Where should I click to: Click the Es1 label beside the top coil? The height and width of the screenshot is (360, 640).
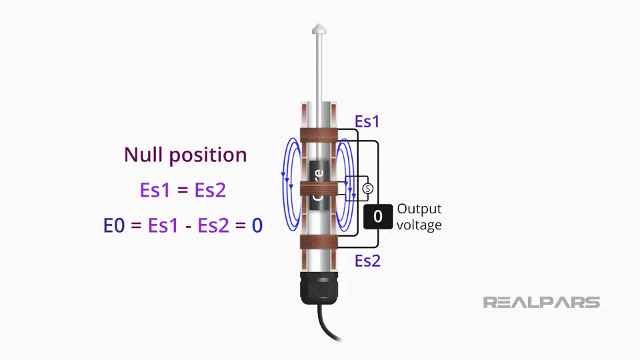click(367, 121)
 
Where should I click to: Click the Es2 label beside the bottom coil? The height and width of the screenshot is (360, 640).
click(367, 260)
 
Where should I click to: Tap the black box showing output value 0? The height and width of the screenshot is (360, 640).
click(377, 216)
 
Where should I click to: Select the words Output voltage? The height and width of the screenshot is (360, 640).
click(419, 217)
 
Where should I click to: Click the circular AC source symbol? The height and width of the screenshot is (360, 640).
click(366, 189)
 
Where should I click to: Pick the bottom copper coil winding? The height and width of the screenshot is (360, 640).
click(319, 241)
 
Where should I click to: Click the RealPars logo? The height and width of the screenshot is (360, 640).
click(541, 303)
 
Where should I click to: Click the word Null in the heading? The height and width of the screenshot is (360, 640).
click(144, 155)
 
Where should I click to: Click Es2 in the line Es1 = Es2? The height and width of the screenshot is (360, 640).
click(211, 191)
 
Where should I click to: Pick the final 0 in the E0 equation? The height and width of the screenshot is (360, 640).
click(257, 225)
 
